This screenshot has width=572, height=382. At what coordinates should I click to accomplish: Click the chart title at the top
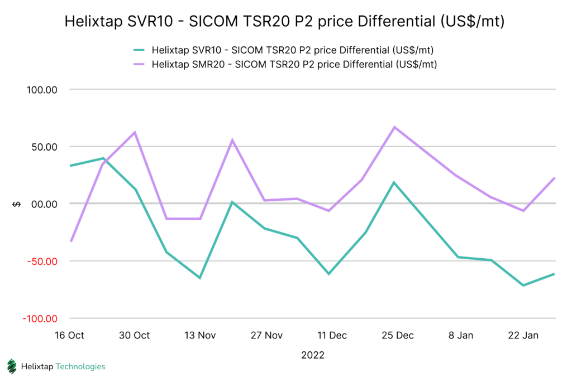coord(285,21)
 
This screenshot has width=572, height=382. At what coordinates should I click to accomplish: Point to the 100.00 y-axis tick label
coord(42,90)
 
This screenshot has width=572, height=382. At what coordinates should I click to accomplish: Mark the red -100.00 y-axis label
coord(41,318)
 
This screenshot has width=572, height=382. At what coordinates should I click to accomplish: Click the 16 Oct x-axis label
coord(70,335)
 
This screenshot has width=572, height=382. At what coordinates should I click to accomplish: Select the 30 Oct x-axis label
coord(135,335)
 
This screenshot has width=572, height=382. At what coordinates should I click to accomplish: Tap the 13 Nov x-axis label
coord(200,335)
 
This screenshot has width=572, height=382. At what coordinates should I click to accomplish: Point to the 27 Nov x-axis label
coord(266,335)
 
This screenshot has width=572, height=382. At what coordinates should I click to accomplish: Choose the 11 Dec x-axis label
coord(331,335)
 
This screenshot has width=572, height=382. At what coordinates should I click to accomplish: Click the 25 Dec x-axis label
coord(397,335)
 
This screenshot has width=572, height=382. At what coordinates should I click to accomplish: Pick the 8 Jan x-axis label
coord(462,335)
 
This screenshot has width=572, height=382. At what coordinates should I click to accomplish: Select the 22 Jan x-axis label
coord(523,335)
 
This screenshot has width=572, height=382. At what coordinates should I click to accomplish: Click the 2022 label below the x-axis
coord(312,355)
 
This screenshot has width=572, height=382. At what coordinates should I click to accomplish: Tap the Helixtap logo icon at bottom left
coord(12,366)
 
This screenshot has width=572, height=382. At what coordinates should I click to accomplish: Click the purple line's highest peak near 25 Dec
coord(394,127)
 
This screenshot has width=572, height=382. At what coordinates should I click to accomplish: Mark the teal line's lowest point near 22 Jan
coord(523,285)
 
